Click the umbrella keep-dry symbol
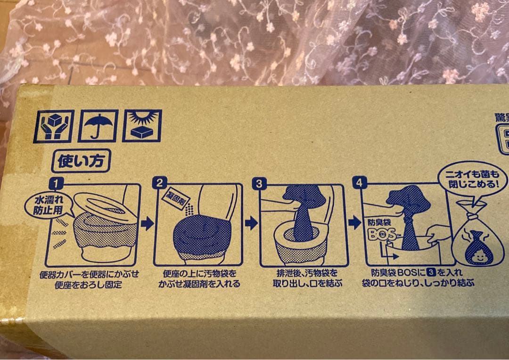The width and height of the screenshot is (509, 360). point(98,126)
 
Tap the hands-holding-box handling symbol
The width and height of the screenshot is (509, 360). point(56,126)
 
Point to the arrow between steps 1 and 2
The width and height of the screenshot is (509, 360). point(148,223)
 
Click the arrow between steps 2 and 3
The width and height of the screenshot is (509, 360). point(251,222)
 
